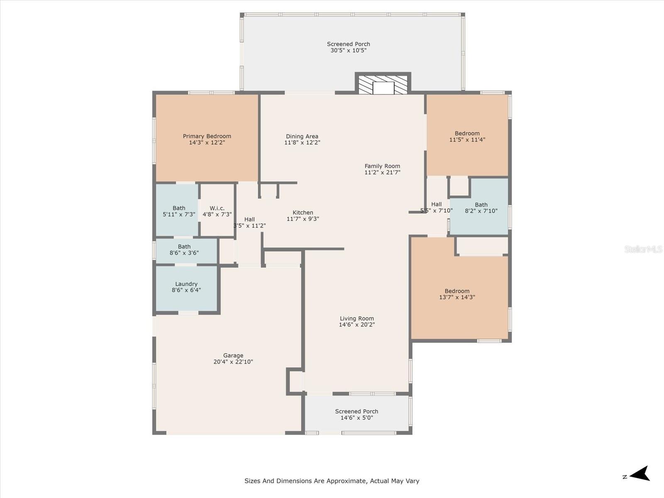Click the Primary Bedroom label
[x=207, y=136]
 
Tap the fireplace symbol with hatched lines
[x=383, y=85]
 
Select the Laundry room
[x=186, y=287]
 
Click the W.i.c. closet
[x=217, y=211]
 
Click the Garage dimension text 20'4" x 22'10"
[x=233, y=362]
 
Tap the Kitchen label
[x=303, y=212]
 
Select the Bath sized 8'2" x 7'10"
[x=481, y=207]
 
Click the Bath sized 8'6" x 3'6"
[x=184, y=249]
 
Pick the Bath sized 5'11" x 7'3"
[x=179, y=211]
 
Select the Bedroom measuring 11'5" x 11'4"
[x=467, y=137]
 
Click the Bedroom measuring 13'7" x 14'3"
[x=457, y=294]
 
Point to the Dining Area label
[x=302, y=136]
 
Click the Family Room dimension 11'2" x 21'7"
[x=382, y=173]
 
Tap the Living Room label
[x=356, y=318]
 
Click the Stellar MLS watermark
[x=643, y=249]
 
